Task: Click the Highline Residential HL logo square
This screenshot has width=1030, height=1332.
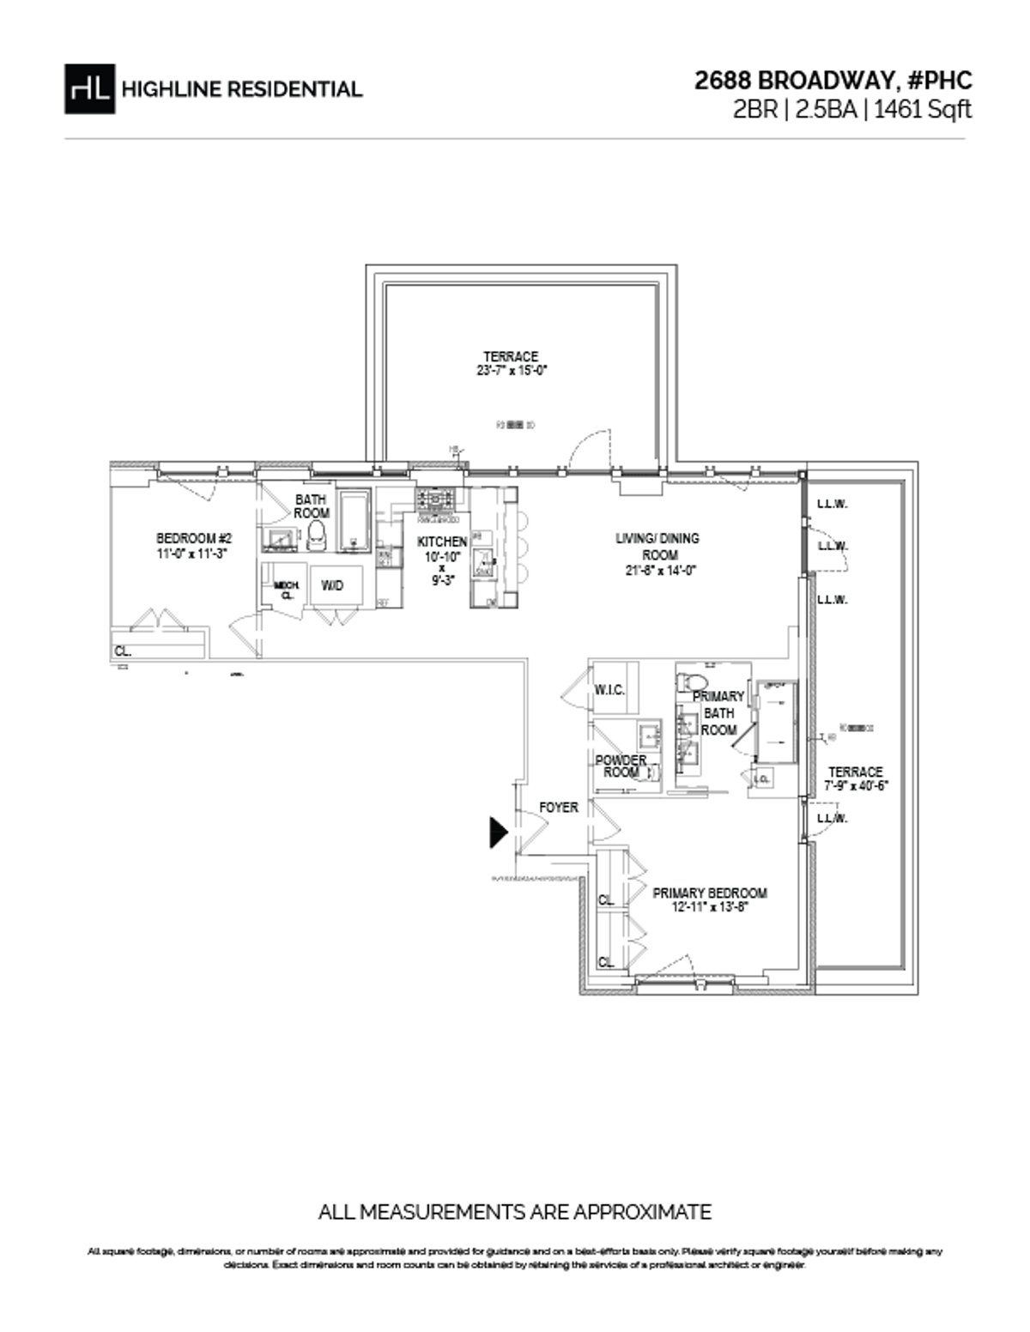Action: [89, 88]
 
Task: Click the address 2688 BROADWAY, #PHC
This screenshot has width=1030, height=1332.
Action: [833, 81]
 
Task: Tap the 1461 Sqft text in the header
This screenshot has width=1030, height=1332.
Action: [923, 110]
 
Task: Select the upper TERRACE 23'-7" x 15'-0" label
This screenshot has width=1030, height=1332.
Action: [511, 364]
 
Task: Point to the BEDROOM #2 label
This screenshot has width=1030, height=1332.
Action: [194, 546]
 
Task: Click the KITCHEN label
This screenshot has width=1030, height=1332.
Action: [442, 542]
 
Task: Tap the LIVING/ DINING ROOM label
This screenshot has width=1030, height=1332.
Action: [657, 554]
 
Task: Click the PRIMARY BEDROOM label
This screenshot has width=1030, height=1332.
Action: [709, 899]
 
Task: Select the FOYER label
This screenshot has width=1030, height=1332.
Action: [558, 808]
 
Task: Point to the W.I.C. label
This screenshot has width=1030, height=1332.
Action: [609, 691]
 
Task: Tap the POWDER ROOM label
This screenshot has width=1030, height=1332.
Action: [621, 766]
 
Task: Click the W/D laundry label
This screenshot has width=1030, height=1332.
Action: [332, 585]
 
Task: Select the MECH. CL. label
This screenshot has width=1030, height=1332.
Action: [286, 590]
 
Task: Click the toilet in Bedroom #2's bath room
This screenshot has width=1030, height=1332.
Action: [317, 536]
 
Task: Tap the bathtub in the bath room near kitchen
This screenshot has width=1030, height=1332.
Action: [354, 522]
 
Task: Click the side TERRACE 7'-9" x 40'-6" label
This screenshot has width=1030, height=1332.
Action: [854, 778]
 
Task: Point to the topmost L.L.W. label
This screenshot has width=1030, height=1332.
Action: [832, 505]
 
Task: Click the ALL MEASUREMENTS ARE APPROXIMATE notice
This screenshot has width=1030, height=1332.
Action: [514, 1212]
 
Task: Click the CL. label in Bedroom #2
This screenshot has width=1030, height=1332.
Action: [123, 651]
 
